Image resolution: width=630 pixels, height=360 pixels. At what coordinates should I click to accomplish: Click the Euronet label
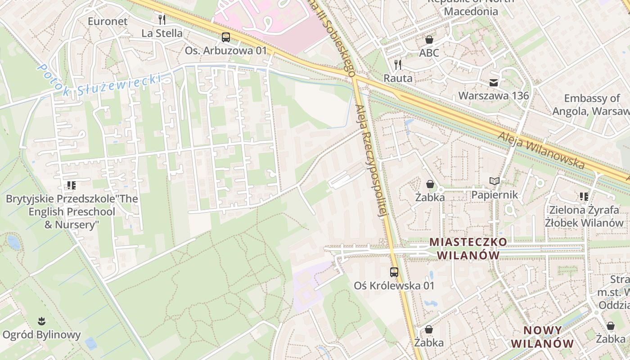pyautogui.click(x=108, y=21)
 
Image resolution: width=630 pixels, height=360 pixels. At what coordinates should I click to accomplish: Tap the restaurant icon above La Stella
pyautogui.click(x=162, y=19)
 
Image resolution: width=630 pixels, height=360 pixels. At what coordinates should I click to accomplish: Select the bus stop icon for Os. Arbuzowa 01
pyautogui.click(x=226, y=37)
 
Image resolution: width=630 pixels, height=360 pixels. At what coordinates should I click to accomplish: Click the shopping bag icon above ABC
pyautogui.click(x=429, y=40)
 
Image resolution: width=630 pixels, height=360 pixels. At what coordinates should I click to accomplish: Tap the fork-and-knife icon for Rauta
pyautogui.click(x=398, y=64)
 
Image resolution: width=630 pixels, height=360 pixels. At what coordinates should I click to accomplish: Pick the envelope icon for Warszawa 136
pyautogui.click(x=494, y=82)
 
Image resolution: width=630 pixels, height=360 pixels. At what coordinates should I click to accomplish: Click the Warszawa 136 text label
pyautogui.click(x=494, y=96)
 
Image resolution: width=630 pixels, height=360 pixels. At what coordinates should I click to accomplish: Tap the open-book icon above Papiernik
pyautogui.click(x=495, y=181)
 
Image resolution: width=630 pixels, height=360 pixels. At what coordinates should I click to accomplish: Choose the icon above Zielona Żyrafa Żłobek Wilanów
pyautogui.click(x=584, y=196)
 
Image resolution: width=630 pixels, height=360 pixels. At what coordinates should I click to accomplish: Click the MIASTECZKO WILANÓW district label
pyautogui.click(x=468, y=248)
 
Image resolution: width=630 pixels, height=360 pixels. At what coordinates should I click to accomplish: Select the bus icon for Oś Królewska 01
pyautogui.click(x=394, y=272)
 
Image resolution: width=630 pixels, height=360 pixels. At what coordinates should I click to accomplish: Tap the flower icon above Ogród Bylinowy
pyautogui.click(x=41, y=321)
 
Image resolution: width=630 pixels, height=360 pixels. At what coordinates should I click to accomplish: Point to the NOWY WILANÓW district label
pyautogui.click(x=542, y=337)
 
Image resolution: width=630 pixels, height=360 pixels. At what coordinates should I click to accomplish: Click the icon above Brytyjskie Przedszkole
pyautogui.click(x=71, y=185)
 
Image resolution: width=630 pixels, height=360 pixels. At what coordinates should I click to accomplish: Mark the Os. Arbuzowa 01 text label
pyautogui.click(x=226, y=51)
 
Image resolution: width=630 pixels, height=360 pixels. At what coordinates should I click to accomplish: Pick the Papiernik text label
pyautogui.click(x=495, y=195)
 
